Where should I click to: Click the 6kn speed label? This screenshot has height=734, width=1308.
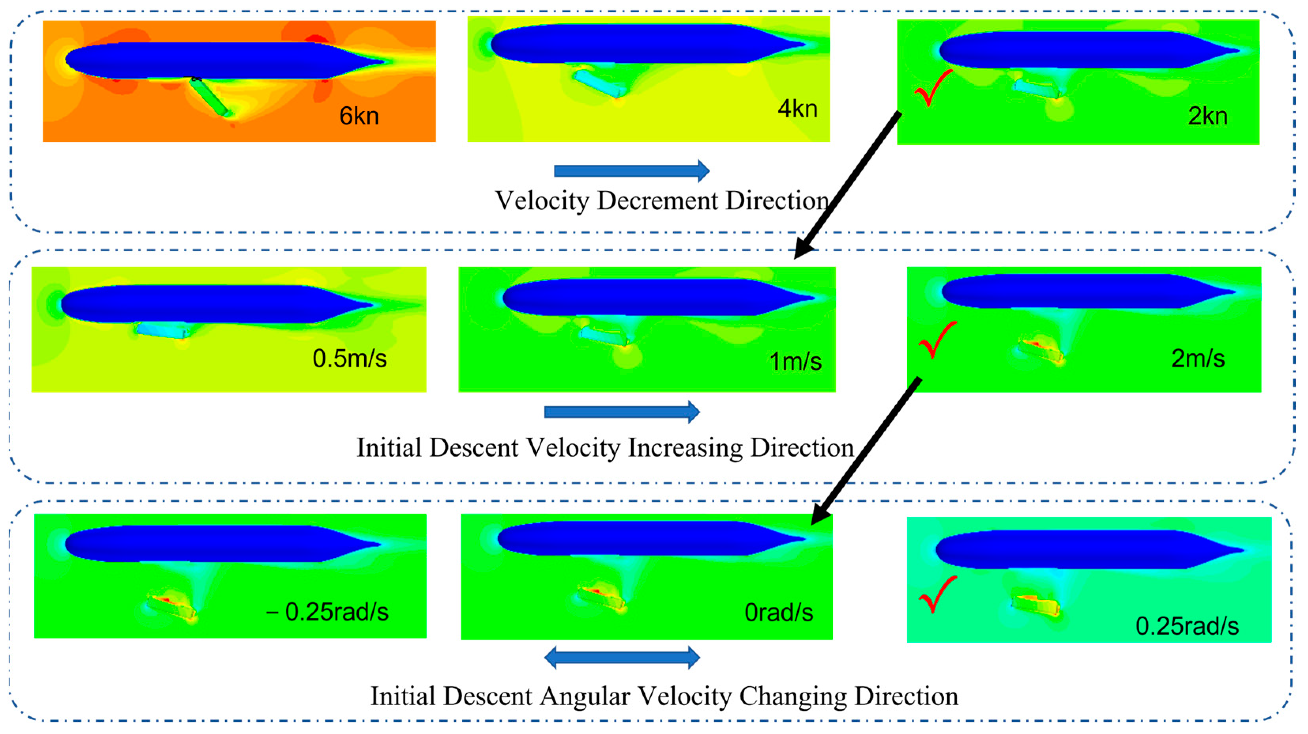(x=359, y=116)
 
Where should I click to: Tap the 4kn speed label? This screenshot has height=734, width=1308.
(x=797, y=109)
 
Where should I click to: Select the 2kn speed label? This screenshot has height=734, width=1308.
(x=1208, y=116)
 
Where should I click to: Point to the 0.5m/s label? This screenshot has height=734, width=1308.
(x=349, y=358)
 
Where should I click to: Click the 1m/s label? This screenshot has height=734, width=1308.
(x=795, y=361)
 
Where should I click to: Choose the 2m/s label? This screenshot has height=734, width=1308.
(x=1198, y=358)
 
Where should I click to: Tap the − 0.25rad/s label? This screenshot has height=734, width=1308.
(x=327, y=612)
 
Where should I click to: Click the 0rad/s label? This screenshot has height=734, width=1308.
(x=778, y=613)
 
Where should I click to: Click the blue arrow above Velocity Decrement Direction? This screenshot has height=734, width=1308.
(x=631, y=171)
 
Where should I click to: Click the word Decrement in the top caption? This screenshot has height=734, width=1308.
(x=661, y=201)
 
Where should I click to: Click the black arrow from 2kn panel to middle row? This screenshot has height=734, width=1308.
(x=848, y=185)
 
